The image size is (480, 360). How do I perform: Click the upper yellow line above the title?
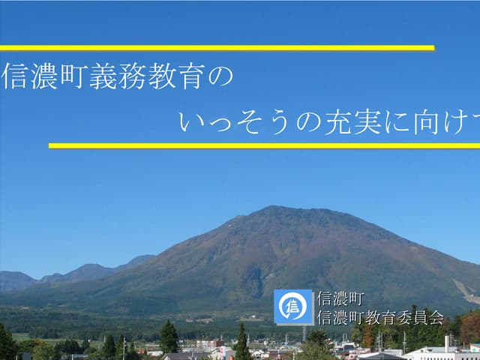(217, 48)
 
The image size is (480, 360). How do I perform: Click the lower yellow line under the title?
(262, 145)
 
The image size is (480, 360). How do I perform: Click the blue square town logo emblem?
(293, 307)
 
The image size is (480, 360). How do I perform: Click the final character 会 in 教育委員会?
(436, 317)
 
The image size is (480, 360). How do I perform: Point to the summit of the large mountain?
(279, 208)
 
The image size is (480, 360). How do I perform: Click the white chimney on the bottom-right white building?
(447, 343)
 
